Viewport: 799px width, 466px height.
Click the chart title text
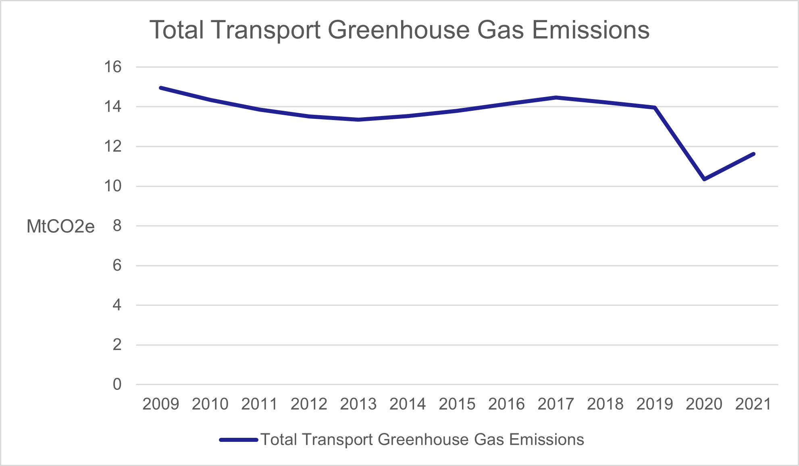tap(399, 30)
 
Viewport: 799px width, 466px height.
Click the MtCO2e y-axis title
tap(60, 227)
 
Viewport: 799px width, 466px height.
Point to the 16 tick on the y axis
tap(112, 67)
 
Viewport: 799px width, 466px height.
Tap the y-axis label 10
tap(112, 186)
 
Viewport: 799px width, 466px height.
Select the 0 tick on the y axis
tap(117, 384)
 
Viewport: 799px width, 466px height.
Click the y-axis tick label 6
tap(117, 265)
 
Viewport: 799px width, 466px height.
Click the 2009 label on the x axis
tap(160, 404)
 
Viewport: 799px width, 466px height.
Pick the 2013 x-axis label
tap(358, 404)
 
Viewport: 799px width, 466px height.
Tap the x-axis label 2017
tap(556, 404)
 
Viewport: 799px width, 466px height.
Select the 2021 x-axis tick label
tap(753, 404)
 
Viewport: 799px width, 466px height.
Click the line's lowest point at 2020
tap(704, 179)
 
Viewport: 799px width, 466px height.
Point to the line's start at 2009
tap(161, 88)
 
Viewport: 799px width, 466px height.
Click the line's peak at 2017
tap(556, 97)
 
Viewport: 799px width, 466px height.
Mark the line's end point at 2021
tap(753, 154)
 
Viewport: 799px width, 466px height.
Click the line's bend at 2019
tap(655, 108)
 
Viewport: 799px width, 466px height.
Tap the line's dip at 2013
tap(358, 120)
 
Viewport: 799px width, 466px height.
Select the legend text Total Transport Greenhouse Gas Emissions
tap(422, 440)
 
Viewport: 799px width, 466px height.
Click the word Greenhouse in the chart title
tap(399, 30)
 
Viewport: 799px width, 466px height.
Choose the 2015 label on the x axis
tap(457, 404)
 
